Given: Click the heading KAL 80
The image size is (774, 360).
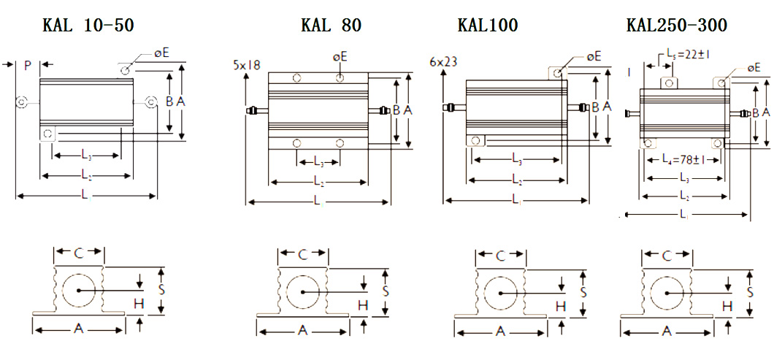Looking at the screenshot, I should coord(331,26).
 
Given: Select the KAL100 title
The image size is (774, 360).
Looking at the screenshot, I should coord(487,26).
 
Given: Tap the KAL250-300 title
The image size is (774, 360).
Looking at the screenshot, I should coord(677,26).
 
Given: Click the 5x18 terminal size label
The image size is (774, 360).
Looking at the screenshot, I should coord(247,65).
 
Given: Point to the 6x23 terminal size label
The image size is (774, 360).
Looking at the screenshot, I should coord(444,62).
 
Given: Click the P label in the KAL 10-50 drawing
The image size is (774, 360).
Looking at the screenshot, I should coord(27,66).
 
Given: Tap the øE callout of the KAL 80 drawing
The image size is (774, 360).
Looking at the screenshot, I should coord(340,56).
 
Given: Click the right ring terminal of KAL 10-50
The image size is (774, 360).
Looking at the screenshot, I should coord(151,102).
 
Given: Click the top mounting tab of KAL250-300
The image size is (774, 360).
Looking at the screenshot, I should coord(668,82).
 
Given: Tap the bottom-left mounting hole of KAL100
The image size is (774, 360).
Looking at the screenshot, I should coord(475,140).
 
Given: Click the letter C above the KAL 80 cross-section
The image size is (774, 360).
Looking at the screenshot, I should coord(302,254).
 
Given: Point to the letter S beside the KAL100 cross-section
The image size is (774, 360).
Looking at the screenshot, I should coord(582,291).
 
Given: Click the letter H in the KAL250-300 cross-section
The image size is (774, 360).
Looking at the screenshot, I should coord(727,306).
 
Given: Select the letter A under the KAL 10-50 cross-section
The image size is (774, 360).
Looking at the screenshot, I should coord(78,329).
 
